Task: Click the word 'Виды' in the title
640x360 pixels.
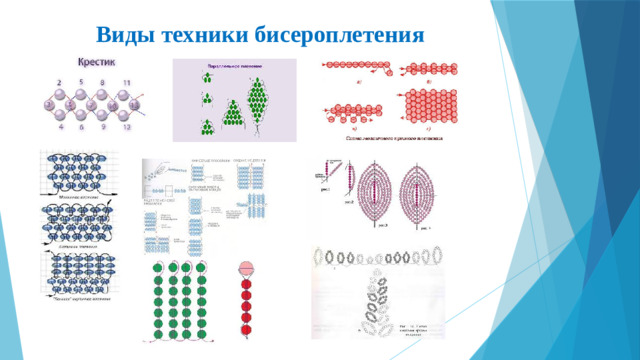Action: coord(127,35)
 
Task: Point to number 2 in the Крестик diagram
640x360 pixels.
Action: coord(59,80)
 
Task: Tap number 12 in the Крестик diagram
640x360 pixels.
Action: coord(127,128)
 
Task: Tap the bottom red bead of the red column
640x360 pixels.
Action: coord(245,329)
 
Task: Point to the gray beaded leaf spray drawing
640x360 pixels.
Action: coord(375,290)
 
